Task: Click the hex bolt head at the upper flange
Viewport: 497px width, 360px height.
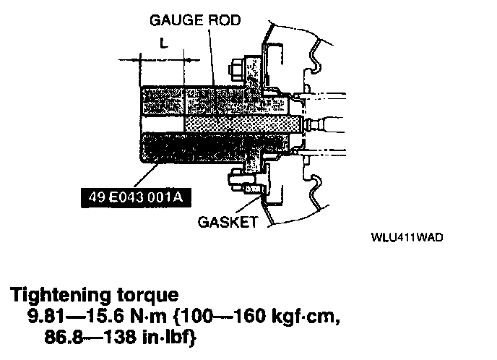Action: point(236,71)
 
